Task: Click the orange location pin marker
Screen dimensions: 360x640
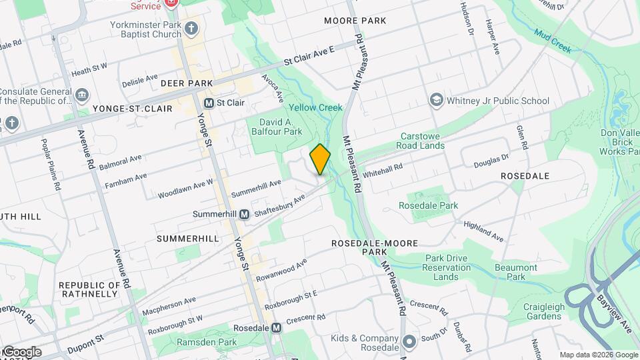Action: [320, 159]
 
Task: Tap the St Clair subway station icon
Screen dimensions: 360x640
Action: [209, 103]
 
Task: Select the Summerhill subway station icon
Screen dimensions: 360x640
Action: [244, 214]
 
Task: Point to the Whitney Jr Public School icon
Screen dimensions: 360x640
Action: [437, 101]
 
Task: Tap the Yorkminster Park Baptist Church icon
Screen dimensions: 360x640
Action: [192, 28]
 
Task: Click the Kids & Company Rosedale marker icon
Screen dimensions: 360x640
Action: [409, 341]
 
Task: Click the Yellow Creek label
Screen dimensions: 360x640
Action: [315, 107]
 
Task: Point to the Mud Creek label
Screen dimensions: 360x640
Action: [553, 39]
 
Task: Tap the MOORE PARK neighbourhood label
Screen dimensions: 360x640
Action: [355, 21]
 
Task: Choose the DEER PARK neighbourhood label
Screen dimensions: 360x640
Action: [187, 83]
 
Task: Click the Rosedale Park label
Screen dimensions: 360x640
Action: [428, 205]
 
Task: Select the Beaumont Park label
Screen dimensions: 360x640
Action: [516, 272]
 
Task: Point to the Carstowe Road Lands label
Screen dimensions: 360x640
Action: [420, 140]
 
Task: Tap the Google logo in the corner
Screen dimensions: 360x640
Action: [22, 352]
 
